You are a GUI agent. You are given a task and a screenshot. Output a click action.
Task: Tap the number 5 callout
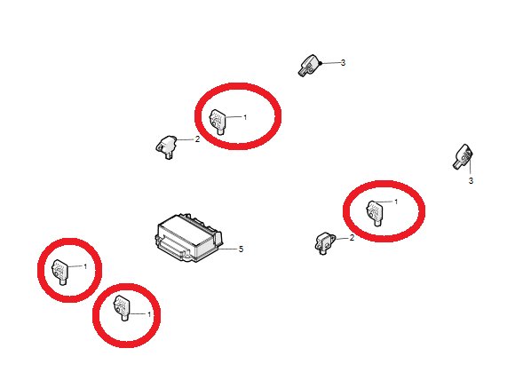point(242,249)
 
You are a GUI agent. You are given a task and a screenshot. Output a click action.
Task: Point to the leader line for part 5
point(228,249)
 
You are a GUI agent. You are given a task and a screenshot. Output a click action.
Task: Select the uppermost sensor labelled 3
point(309,66)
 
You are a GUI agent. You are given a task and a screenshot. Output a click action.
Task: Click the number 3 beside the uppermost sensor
point(344,62)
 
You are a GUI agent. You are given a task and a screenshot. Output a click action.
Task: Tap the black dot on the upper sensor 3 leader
point(321,63)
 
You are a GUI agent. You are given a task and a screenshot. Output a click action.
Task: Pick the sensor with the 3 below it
point(463,156)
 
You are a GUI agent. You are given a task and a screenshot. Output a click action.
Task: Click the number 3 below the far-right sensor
point(471,180)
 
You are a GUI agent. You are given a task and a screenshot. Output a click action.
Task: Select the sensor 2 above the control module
point(166,146)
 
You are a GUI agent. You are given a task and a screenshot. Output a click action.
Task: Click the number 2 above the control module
point(197,139)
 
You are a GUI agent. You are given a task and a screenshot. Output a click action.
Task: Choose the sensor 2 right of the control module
point(326,243)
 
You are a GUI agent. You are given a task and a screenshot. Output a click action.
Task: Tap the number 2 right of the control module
point(353,238)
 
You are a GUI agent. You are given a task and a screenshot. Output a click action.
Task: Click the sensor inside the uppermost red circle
point(218,122)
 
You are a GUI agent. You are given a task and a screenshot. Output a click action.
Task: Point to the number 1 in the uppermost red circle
point(245,117)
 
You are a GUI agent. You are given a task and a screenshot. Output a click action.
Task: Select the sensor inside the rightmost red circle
point(375,213)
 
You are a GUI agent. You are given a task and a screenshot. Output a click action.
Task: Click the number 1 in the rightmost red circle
point(396,202)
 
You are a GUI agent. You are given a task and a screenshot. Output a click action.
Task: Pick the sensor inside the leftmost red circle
point(60,272)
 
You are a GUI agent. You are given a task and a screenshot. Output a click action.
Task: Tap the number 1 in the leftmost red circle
point(85,266)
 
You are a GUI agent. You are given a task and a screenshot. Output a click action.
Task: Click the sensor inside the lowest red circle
point(122,308)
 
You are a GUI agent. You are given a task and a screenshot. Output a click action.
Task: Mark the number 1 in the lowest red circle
point(149,314)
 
